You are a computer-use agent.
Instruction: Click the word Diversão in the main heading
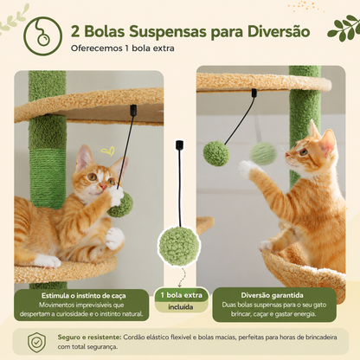[279, 31]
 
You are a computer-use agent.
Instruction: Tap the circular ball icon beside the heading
[42, 35]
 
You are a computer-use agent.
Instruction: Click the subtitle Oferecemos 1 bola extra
[123, 48]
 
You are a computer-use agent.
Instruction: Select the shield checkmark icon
[36, 342]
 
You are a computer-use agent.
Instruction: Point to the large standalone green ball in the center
[179, 246]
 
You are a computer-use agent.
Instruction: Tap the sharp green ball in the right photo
[216, 153]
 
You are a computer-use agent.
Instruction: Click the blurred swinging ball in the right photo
[263, 153]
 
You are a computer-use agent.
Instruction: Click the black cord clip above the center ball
[179, 145]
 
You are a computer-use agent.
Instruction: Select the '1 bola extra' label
[182, 295]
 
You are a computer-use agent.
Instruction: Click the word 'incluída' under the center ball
[181, 307]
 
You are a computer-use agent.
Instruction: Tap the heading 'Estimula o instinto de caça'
[84, 296]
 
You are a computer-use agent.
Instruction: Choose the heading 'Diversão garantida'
[272, 295]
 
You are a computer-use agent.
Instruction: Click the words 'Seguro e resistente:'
[89, 337]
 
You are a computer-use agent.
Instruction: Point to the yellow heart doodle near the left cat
[108, 151]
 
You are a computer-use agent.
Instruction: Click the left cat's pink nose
[103, 186]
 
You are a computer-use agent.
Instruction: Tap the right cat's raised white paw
[246, 168]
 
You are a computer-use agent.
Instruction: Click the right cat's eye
[303, 151]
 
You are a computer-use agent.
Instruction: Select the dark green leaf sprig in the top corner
[344, 28]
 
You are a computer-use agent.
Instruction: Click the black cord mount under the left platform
[133, 110]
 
